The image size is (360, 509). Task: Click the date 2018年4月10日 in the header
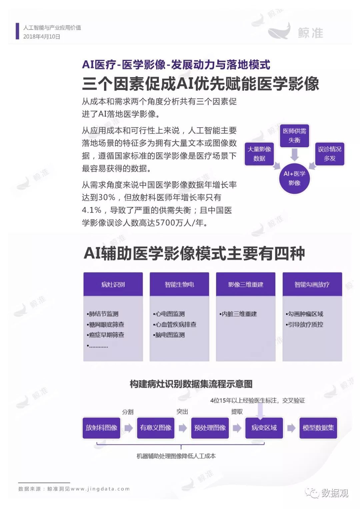pyautogui.click(x=42, y=37)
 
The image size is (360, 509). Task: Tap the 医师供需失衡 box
pyautogui.click(x=295, y=136)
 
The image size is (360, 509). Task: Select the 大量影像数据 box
pyautogui.click(x=259, y=154)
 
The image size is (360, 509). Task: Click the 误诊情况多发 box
pyautogui.click(x=330, y=154)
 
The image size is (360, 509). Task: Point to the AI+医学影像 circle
pyautogui.click(x=295, y=179)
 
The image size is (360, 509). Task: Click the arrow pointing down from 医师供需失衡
pyautogui.click(x=295, y=154)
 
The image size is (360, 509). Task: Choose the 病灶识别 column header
pyautogui.click(x=113, y=284)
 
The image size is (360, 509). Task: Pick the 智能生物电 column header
pyautogui.click(x=179, y=284)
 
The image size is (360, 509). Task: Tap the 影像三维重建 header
pyautogui.click(x=246, y=284)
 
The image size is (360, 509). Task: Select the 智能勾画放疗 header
pyautogui.click(x=312, y=284)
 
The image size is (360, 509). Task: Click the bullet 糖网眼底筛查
pyautogui.click(x=106, y=324)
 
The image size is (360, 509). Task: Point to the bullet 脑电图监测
pyautogui.click(x=169, y=335)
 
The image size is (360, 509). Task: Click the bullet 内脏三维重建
pyautogui.click(x=238, y=314)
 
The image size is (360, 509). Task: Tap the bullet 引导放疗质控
pyautogui.click(x=304, y=324)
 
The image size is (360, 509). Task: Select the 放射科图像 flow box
pyautogui.click(x=101, y=428)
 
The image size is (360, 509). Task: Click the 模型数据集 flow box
pyautogui.click(x=318, y=428)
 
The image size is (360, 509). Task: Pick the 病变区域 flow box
pyautogui.click(x=264, y=428)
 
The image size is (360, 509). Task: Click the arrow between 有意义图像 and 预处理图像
pyautogui.click(x=183, y=428)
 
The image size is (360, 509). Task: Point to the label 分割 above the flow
pyautogui.click(x=128, y=412)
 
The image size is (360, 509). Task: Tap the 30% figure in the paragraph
pyautogui.click(x=106, y=198)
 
